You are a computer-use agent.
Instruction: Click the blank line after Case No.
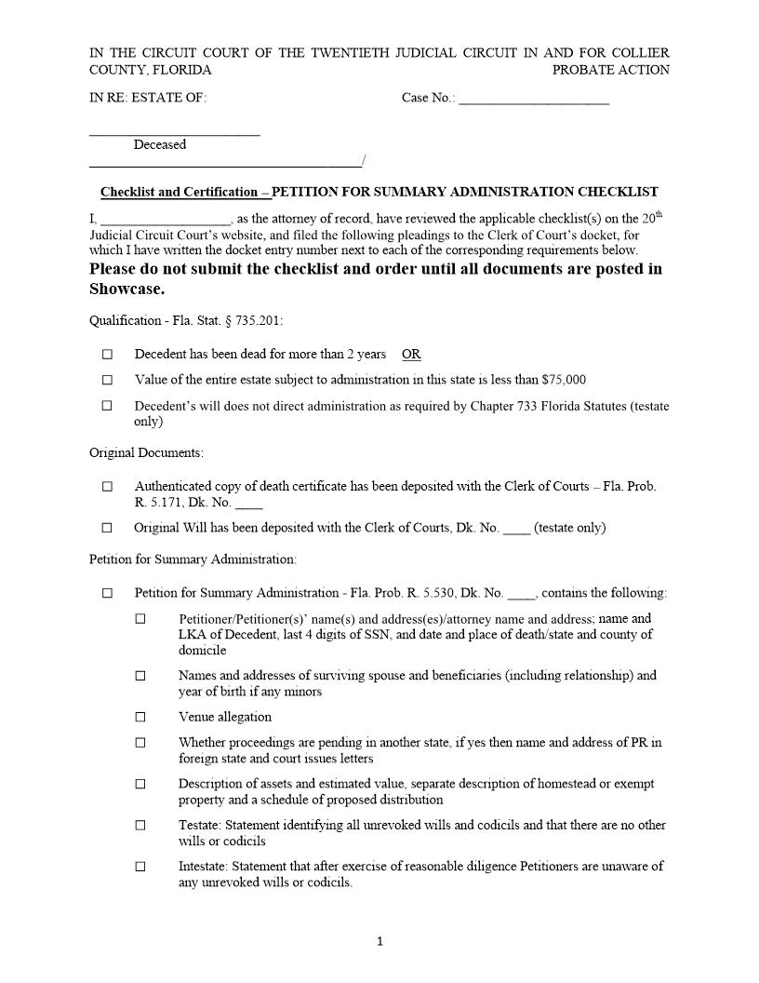(534, 99)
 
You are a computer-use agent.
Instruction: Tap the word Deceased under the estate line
(159, 144)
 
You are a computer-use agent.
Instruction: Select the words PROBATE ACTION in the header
(610, 70)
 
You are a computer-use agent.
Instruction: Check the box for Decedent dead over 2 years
(107, 355)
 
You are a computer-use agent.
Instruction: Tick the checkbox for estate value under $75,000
(107, 380)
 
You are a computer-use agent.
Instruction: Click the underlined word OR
(411, 355)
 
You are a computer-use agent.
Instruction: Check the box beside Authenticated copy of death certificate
(107, 486)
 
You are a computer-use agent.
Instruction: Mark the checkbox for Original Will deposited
(107, 528)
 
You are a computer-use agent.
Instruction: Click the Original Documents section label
(146, 453)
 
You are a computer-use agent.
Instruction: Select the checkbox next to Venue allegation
(140, 718)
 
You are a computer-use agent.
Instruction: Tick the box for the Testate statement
(140, 826)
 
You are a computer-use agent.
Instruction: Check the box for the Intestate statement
(140, 867)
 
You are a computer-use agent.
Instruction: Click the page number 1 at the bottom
(379, 942)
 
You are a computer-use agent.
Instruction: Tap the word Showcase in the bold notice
(126, 289)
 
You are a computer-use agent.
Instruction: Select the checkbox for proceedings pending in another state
(140, 743)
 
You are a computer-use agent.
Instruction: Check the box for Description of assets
(140, 785)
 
